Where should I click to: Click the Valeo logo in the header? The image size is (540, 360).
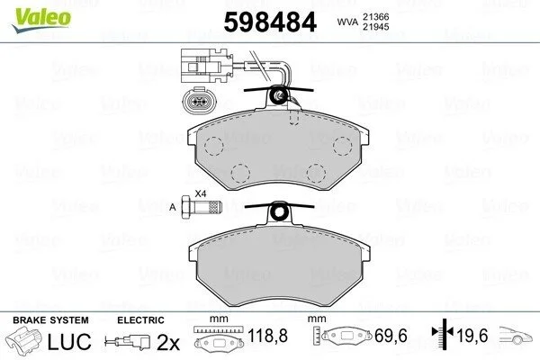(41, 20)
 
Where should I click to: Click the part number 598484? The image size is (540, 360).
(270, 22)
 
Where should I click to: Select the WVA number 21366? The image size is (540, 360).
(375, 16)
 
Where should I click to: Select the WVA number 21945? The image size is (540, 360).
(375, 26)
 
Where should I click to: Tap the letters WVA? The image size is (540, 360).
(347, 22)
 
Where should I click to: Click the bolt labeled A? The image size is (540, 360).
(201, 207)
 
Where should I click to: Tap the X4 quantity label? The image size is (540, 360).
(201, 193)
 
